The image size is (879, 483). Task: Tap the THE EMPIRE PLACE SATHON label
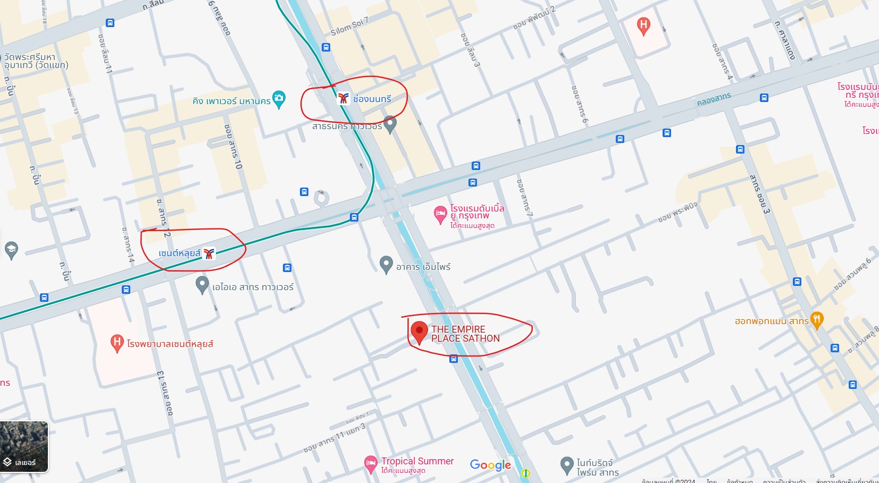465,334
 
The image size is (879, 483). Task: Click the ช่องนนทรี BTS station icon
344,98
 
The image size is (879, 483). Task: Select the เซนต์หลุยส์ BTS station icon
209,253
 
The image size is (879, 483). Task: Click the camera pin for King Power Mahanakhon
279,99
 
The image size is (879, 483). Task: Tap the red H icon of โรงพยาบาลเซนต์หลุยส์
117,343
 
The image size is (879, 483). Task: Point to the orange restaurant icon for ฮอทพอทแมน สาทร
817,320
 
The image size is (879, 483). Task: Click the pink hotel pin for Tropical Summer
371,464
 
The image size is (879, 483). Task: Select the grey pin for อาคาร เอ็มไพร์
386,265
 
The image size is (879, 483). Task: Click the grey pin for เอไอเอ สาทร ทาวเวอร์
202,285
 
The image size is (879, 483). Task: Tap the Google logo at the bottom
490,465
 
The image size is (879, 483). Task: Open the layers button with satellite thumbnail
24,447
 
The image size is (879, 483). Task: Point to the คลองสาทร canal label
714,99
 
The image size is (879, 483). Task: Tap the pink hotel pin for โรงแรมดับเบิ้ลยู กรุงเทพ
440,215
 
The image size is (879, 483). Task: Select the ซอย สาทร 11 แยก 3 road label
334,438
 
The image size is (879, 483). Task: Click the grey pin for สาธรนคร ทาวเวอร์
390,124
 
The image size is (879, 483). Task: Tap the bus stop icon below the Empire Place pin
454,359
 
